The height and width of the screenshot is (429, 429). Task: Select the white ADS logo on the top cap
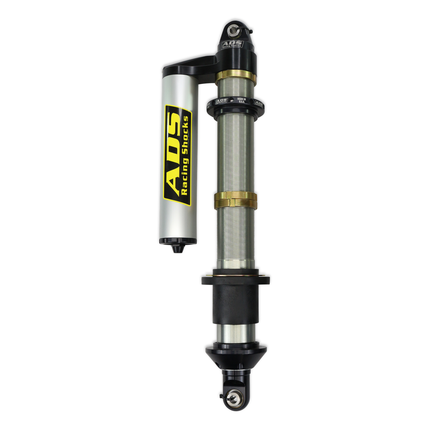[x=232, y=43]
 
